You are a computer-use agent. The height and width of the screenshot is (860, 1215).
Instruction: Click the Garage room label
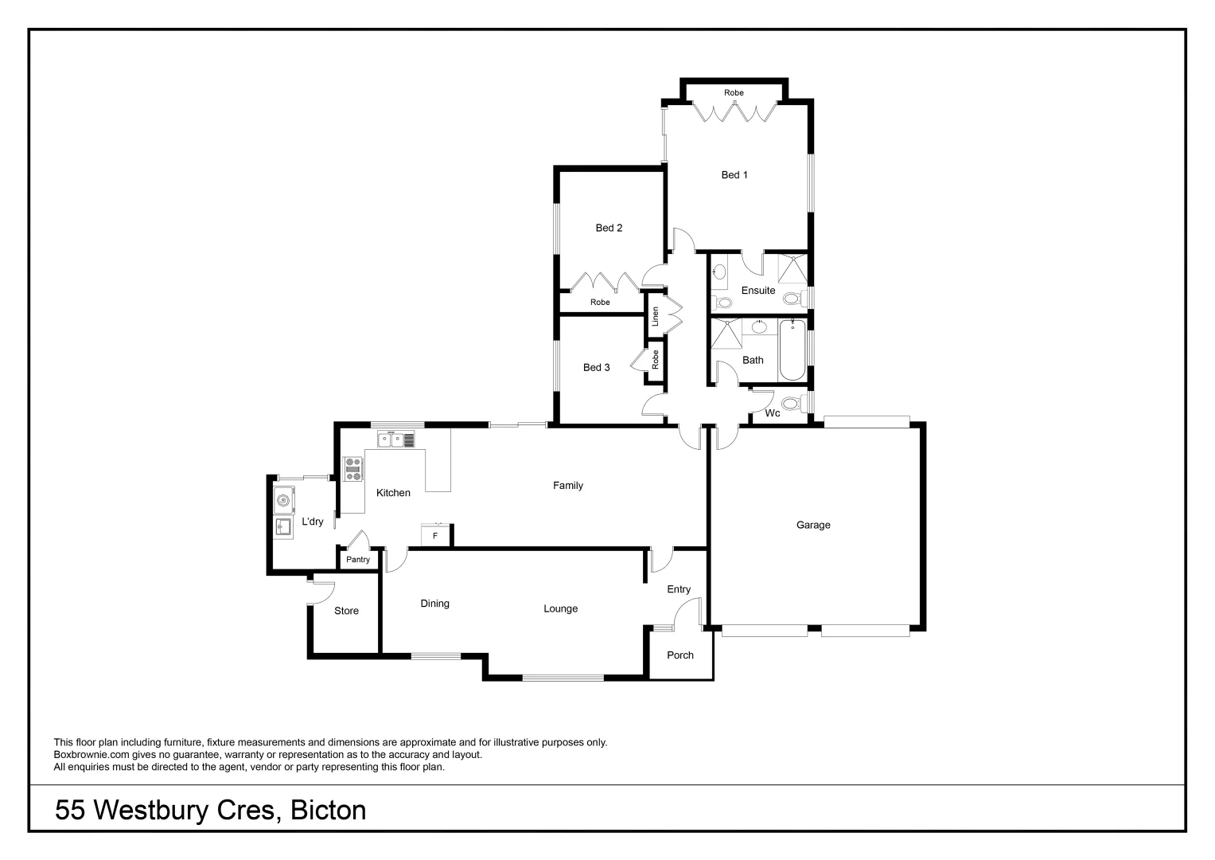tap(812, 525)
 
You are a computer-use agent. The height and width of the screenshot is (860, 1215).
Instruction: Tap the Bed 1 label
tap(734, 175)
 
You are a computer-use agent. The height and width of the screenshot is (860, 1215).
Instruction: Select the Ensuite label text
tap(757, 291)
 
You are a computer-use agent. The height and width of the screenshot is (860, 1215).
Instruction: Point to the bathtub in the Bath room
tap(792, 350)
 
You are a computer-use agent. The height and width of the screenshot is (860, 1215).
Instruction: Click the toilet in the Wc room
tap(792, 403)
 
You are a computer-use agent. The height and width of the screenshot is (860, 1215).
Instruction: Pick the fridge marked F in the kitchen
tap(435, 535)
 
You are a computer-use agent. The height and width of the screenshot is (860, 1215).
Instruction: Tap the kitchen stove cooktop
tap(352, 468)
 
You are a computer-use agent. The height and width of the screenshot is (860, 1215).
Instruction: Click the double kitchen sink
tap(396, 439)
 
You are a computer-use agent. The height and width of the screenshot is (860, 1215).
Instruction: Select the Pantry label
tap(358, 560)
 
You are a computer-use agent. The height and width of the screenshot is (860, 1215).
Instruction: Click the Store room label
tap(346, 611)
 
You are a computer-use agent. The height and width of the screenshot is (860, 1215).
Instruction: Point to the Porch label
tap(680, 655)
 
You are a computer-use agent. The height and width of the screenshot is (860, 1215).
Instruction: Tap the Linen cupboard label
tap(656, 316)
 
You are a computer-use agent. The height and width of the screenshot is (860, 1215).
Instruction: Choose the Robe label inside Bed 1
tap(734, 93)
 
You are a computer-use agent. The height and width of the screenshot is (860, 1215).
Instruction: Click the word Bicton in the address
tap(328, 811)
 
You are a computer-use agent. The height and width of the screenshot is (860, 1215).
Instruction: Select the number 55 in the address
tap(71, 811)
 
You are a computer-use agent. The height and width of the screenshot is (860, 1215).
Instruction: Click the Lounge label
tap(560, 608)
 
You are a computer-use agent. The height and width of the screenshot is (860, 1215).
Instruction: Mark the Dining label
tap(434, 604)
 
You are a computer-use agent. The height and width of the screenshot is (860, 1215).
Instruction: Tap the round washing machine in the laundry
tap(283, 501)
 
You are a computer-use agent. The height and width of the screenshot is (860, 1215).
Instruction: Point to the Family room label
tap(568, 486)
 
